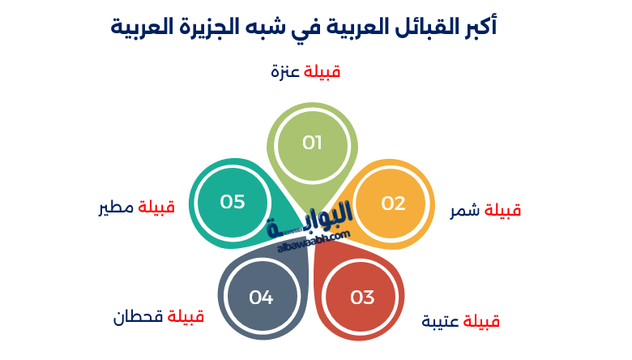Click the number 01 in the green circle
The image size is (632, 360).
pos(312,144)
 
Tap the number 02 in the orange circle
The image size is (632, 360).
pos(393,204)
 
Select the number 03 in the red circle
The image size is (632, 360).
pos(362,298)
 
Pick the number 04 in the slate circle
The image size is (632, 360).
pos(261,298)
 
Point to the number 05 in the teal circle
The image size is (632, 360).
pos(233,202)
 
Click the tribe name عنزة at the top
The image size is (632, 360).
pos(285,72)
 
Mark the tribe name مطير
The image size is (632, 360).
pos(114,208)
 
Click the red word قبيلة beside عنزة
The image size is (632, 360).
pos(322,72)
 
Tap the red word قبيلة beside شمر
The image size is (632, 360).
pos(502,211)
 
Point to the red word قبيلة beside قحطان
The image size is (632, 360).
pos(186,316)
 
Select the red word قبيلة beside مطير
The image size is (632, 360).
pos(156,208)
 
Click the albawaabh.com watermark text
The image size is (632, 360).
pos(313,241)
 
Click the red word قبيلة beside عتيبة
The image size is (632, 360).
pos(481,322)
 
